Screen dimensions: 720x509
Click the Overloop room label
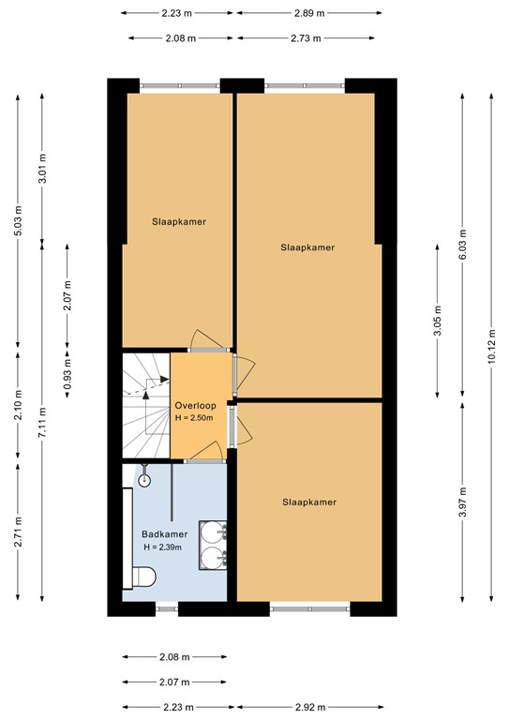click(195, 405)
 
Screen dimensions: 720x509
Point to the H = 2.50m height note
click(195, 418)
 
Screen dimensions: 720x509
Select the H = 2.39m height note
click(161, 547)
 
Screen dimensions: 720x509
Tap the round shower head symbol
click(144, 479)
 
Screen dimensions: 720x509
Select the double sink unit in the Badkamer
click(214, 546)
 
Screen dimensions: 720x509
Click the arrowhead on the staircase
click(163, 380)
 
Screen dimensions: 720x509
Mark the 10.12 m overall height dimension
click(492, 345)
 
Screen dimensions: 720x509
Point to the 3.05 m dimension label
click(439, 318)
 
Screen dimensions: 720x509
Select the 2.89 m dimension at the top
click(308, 13)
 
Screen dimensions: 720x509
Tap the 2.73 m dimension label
click(308, 38)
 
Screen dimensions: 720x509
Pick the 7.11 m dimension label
click(42, 412)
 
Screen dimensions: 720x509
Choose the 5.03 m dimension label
click(17, 223)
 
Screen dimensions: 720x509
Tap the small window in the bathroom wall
click(166, 608)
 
